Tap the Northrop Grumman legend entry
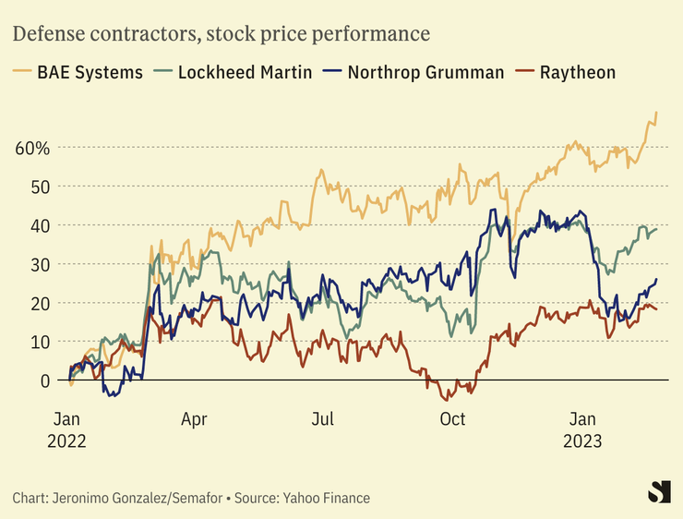(x=414, y=72)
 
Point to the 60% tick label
(x=32, y=148)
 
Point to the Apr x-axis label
(x=194, y=419)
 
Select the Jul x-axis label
(x=322, y=419)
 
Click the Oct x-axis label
(x=452, y=419)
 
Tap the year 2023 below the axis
(x=583, y=441)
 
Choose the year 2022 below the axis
(x=66, y=441)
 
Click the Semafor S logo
(x=658, y=492)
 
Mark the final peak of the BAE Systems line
(x=656, y=113)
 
